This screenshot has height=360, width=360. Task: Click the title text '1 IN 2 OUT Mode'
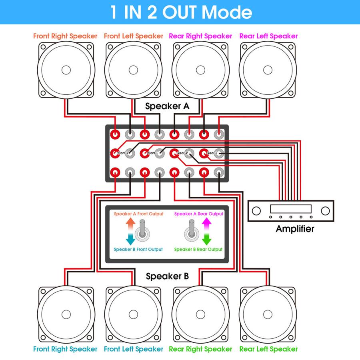(x=180, y=12)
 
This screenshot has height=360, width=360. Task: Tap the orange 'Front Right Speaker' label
(x=65, y=36)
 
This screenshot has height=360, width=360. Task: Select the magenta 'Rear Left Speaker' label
(x=268, y=36)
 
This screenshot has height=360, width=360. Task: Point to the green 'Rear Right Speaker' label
(x=200, y=349)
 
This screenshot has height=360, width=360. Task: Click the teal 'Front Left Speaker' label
(x=134, y=349)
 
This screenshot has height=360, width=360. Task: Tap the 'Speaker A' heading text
(x=167, y=106)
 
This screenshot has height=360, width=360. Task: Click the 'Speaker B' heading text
(x=167, y=276)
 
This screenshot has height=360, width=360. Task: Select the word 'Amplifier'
(x=295, y=229)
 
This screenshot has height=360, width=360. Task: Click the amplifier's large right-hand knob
(x=325, y=210)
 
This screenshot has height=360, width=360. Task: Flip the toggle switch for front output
(x=142, y=232)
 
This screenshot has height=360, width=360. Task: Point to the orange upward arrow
(x=130, y=223)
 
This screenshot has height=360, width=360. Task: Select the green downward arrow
(x=206, y=240)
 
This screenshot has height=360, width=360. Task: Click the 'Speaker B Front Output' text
(x=138, y=250)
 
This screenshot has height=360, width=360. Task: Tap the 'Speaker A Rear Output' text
(x=199, y=214)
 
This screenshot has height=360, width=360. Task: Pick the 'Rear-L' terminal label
(x=212, y=153)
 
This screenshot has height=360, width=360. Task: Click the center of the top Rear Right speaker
(x=200, y=70)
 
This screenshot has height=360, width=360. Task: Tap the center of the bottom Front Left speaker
(x=134, y=313)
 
